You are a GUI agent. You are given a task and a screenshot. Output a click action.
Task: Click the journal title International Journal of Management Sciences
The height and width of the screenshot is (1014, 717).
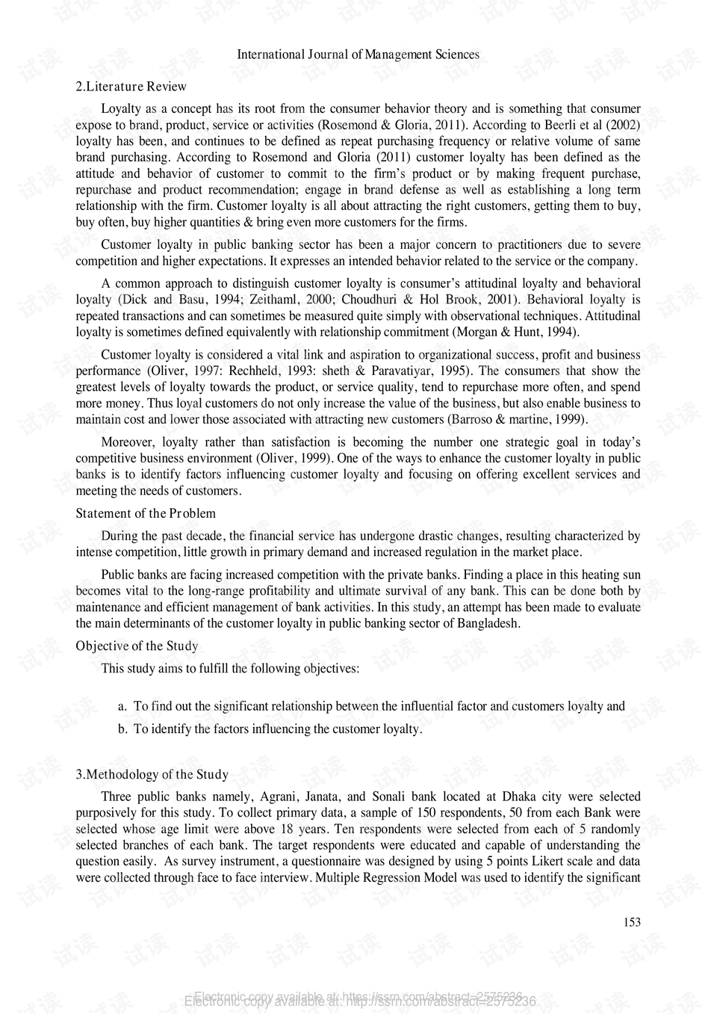tap(358, 55)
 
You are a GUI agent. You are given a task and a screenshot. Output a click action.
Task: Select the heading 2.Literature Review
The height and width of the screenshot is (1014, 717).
tap(131, 86)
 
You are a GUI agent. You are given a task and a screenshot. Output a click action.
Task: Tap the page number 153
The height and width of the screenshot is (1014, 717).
tap(632, 922)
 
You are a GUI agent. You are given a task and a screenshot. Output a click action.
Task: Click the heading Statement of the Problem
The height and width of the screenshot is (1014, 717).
tap(146, 513)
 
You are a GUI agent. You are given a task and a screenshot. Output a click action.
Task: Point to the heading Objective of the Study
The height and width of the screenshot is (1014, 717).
tap(137, 646)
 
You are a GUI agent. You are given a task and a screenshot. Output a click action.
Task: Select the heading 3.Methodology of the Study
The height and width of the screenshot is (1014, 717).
tap(152, 774)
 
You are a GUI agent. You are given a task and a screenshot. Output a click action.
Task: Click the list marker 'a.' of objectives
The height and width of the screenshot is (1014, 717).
tap(123, 706)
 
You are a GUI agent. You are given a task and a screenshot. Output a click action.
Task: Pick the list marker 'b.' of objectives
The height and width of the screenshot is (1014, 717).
tap(123, 729)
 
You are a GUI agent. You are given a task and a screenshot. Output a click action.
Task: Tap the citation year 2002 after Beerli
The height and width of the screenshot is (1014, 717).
tap(623, 125)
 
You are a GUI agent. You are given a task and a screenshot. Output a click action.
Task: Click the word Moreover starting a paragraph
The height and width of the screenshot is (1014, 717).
tap(127, 442)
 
